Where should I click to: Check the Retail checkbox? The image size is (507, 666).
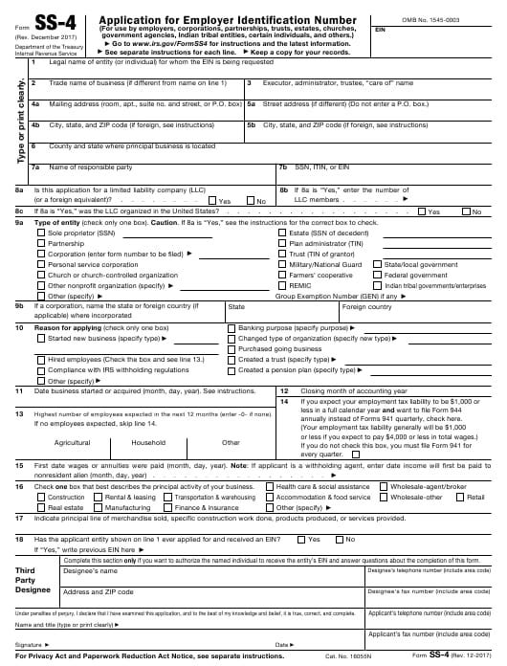(459, 498)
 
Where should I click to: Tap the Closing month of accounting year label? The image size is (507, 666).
(335, 391)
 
